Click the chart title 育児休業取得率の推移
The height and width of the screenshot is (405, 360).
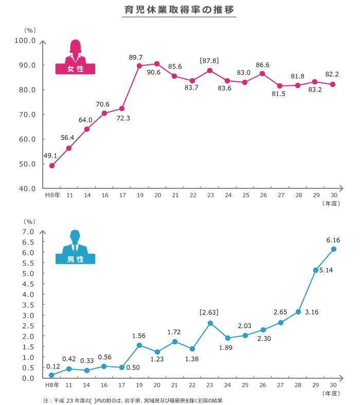(179, 10)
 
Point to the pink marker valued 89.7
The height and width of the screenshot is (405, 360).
(139, 66)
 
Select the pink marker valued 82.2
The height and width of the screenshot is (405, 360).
(333, 84)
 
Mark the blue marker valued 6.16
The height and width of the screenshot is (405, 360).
(333, 249)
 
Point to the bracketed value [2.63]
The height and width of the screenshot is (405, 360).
(210, 312)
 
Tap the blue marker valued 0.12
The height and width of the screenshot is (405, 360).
(51, 375)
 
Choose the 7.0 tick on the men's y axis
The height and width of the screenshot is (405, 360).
(29, 232)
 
